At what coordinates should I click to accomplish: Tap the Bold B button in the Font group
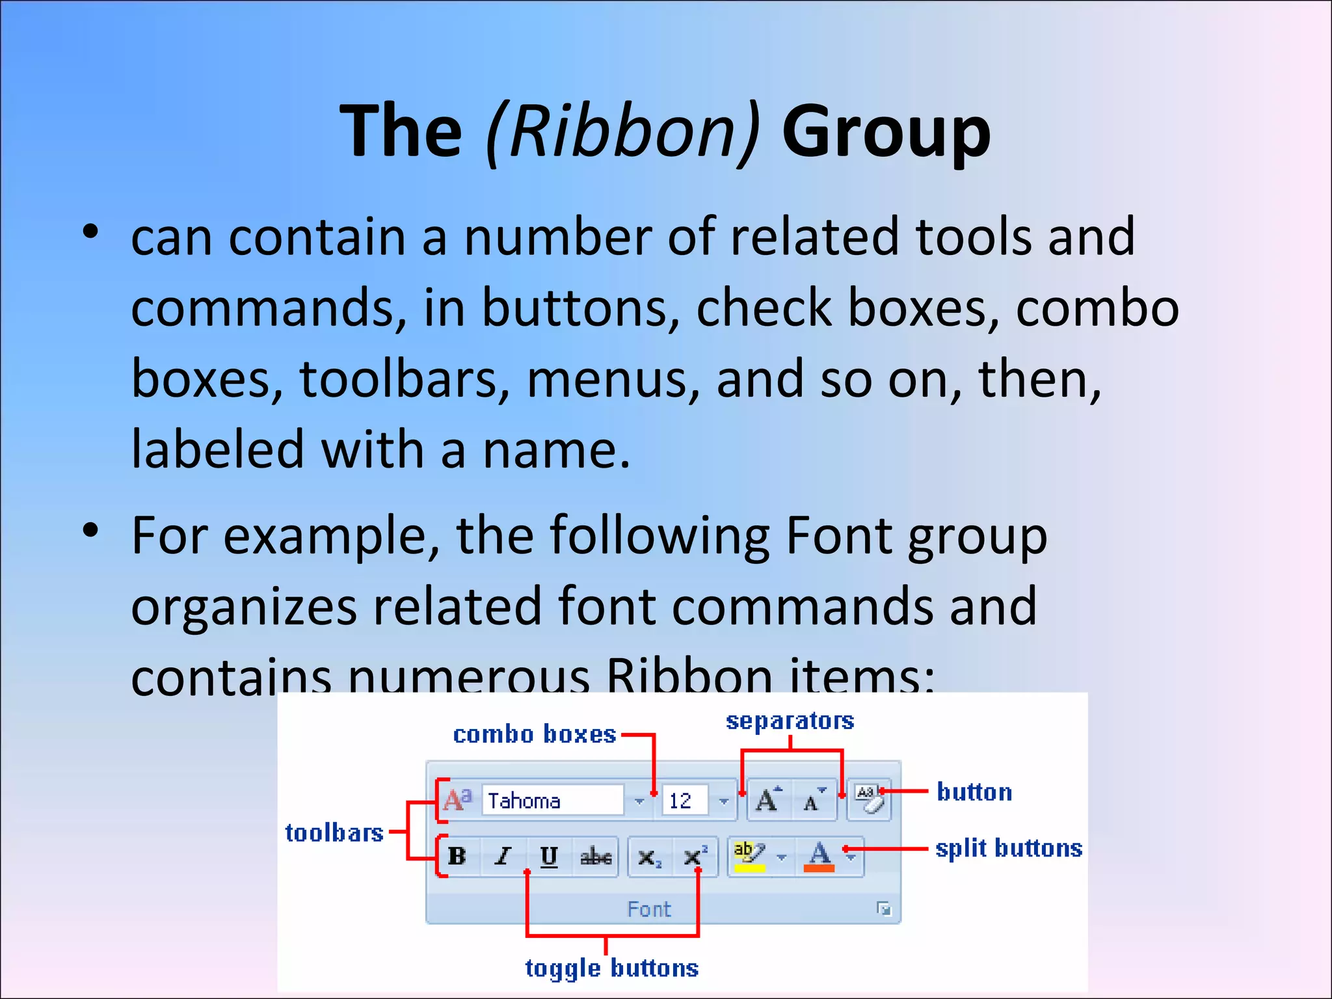tap(457, 856)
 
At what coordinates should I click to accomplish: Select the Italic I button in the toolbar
tap(502, 856)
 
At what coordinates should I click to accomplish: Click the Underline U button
tap(549, 856)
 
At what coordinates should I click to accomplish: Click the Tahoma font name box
tap(552, 800)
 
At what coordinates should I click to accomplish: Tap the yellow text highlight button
tap(749, 856)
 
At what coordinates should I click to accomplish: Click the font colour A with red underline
tap(819, 856)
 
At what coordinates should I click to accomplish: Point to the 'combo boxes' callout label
tap(534, 734)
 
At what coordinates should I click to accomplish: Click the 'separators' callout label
tap(790, 721)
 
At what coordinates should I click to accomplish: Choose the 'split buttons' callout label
tap(1009, 848)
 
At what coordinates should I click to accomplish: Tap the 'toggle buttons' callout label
tap(611, 968)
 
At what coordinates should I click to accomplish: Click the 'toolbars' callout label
tap(334, 832)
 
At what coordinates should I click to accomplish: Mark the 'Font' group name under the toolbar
tap(648, 909)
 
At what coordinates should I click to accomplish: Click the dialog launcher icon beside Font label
tap(883, 909)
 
